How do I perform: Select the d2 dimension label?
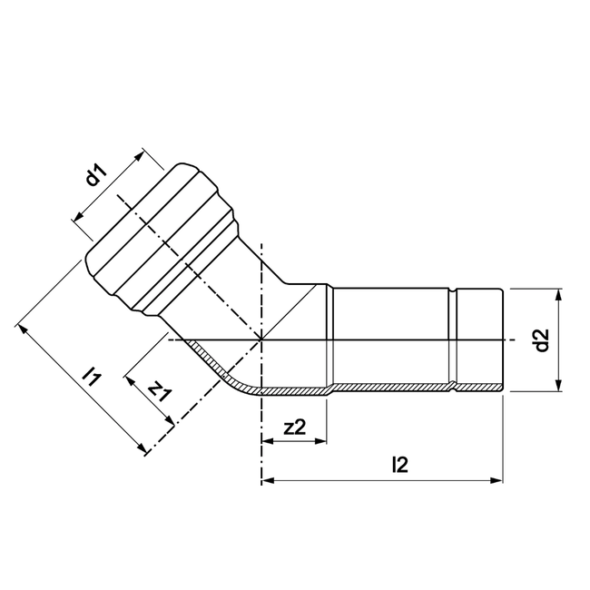click(542, 340)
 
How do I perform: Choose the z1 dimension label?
click(160, 390)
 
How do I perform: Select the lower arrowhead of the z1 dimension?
click(169, 420)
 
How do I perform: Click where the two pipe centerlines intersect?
click(261, 340)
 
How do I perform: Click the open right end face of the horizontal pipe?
click(501, 340)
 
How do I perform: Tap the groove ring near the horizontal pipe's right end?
click(451, 340)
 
